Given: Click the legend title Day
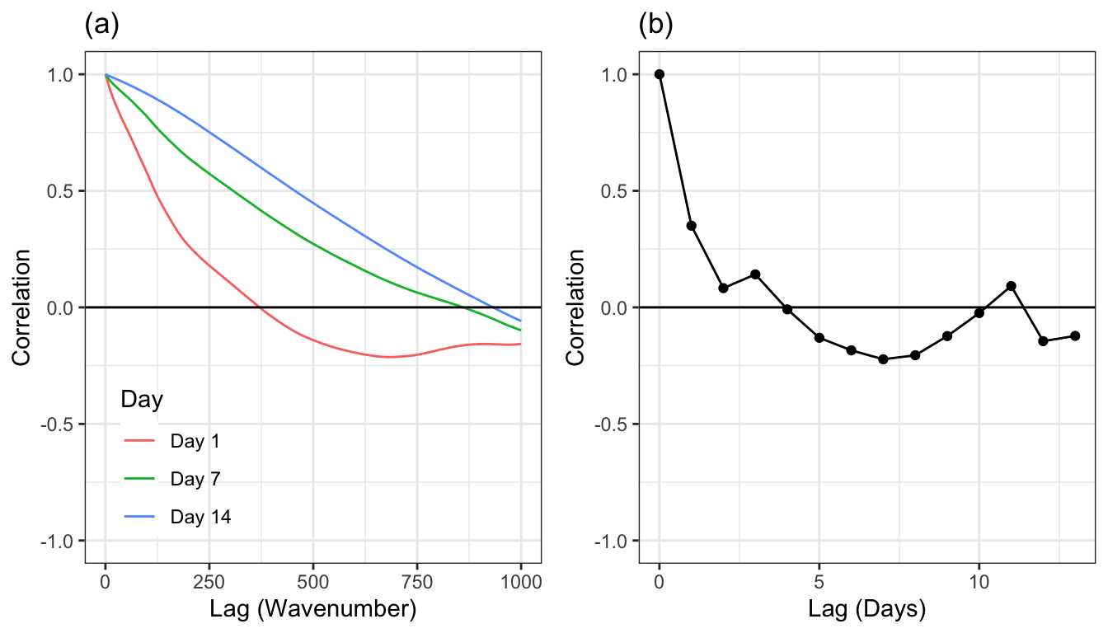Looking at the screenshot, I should pyautogui.click(x=141, y=400).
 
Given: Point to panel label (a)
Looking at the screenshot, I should pyautogui.click(x=102, y=25).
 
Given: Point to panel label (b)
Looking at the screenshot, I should pyautogui.click(x=656, y=25).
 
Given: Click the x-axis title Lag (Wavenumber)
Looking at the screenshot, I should pyautogui.click(x=313, y=610).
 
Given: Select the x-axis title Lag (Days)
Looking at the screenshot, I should pyautogui.click(x=867, y=610).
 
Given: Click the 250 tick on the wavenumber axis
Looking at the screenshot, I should pyautogui.click(x=209, y=581).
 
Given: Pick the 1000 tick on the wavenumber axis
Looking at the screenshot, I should pyautogui.click(x=521, y=581).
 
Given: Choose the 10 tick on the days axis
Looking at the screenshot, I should pyautogui.click(x=979, y=581).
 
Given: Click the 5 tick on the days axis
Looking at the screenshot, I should pyautogui.click(x=819, y=581).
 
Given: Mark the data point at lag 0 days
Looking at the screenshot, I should pyautogui.click(x=660, y=74).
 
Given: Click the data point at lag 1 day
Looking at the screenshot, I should pyautogui.click(x=692, y=226).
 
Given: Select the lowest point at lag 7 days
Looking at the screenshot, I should pyautogui.click(x=883, y=359).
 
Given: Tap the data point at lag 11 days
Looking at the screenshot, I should pyautogui.click(x=1011, y=286).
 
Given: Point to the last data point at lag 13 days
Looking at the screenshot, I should pyautogui.click(x=1075, y=335).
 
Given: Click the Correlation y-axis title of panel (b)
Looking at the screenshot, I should pyautogui.click(x=575, y=307).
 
